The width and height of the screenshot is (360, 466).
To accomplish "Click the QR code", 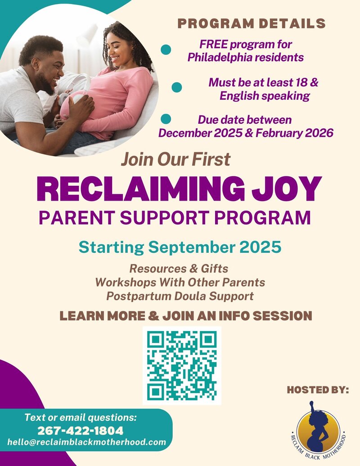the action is tap(182, 366).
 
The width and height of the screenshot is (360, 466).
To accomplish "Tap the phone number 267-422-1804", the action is tap(80, 430).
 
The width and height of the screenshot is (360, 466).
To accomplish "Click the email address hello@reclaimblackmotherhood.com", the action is tap(86, 442).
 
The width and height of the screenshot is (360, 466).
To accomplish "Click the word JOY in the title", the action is tap(287, 189).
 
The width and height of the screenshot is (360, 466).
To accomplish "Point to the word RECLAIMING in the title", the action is tap(140, 189).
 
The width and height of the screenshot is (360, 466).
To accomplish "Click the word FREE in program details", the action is tap(213, 45).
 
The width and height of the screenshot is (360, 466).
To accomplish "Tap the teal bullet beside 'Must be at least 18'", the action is tap(176, 87).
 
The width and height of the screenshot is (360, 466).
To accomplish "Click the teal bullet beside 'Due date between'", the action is tap(166, 119).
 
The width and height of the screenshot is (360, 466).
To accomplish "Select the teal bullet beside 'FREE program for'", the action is tap(166, 49).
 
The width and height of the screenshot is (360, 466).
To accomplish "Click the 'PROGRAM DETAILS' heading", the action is tap(252, 24).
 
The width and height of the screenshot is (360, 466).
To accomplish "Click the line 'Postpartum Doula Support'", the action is tap(180, 296).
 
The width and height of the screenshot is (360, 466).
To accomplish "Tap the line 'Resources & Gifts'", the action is tap(179, 269).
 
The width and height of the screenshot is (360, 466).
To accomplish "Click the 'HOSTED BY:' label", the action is tap(318, 390).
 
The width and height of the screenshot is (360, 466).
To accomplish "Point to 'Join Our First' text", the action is tap(175, 159).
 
